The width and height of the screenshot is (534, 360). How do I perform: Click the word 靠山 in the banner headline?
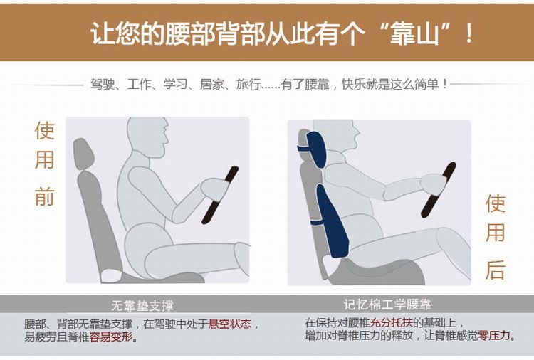414,34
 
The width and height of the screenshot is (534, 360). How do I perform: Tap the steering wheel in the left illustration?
220,195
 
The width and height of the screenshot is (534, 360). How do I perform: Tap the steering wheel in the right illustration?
438,190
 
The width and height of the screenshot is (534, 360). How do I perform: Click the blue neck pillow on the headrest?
317,149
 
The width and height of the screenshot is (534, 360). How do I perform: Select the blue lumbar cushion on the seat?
331,221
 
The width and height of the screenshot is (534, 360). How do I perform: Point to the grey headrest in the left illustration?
83,154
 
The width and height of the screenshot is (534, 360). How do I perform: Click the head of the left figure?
147,137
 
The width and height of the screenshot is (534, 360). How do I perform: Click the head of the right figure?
337,136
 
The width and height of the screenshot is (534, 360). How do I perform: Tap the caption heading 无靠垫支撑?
142,305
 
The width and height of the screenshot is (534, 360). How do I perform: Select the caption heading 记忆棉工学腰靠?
387,305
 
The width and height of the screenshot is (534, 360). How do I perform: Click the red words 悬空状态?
230,324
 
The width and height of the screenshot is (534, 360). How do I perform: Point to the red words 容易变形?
110,337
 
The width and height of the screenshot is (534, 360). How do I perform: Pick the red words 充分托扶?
392,322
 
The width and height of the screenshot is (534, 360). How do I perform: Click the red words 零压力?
494,336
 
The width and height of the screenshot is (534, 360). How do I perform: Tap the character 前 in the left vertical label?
45,196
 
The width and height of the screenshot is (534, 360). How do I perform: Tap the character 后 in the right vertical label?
495,270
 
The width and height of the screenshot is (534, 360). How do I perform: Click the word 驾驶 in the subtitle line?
102,84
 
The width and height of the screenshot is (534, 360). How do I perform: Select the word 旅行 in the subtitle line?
248,84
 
